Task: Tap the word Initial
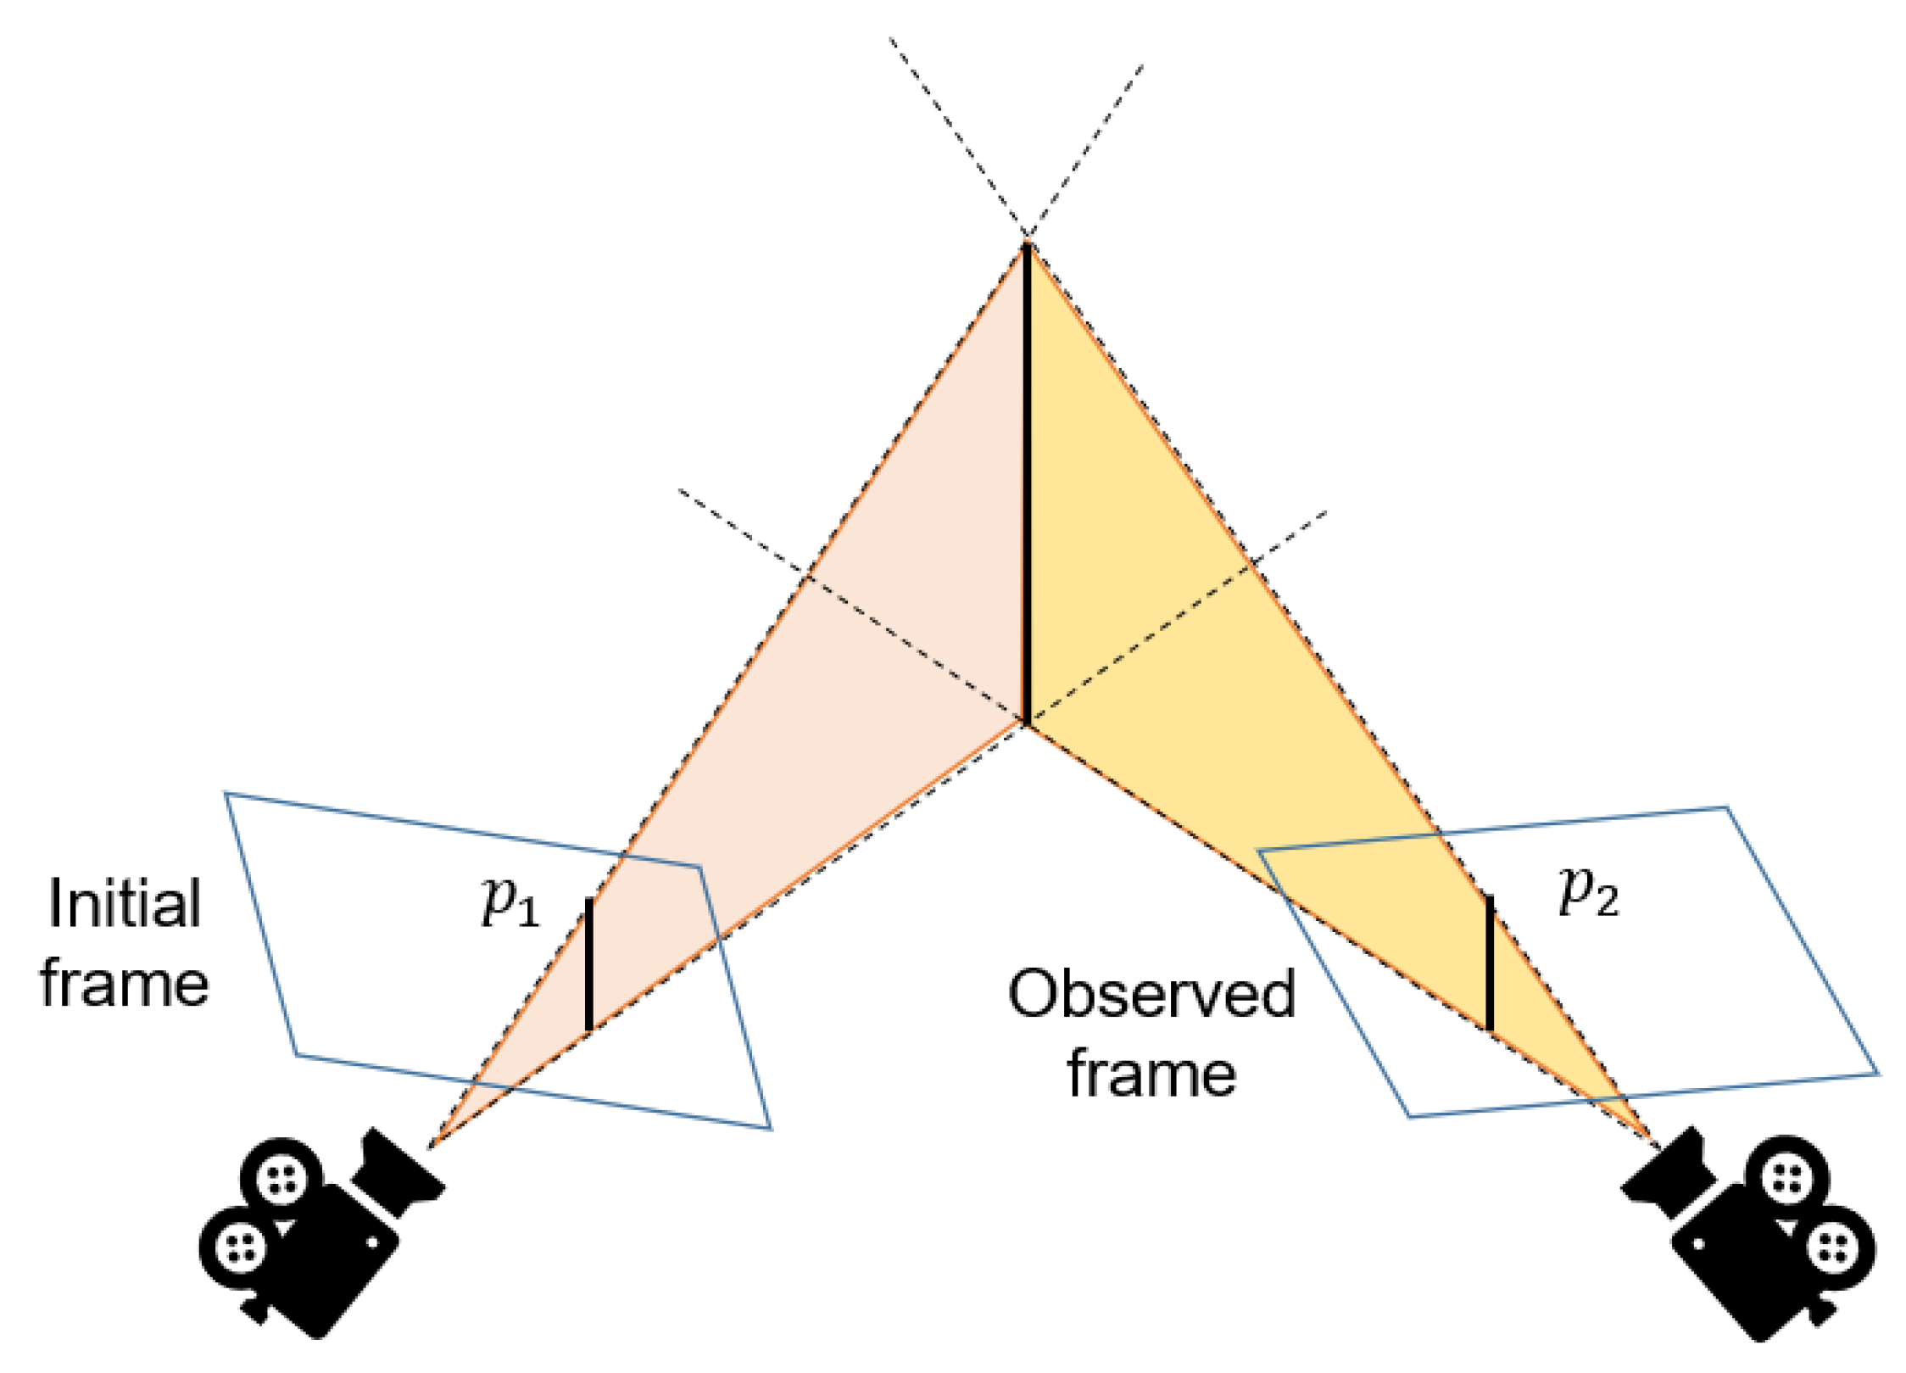tap(125, 904)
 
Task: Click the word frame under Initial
tap(125, 985)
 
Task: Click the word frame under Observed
tap(1151, 1074)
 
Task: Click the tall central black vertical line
tap(1026, 483)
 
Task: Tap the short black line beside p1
tap(589, 964)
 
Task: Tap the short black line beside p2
tap(1490, 963)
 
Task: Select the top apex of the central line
tap(1026, 245)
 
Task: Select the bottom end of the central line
tap(1026, 723)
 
